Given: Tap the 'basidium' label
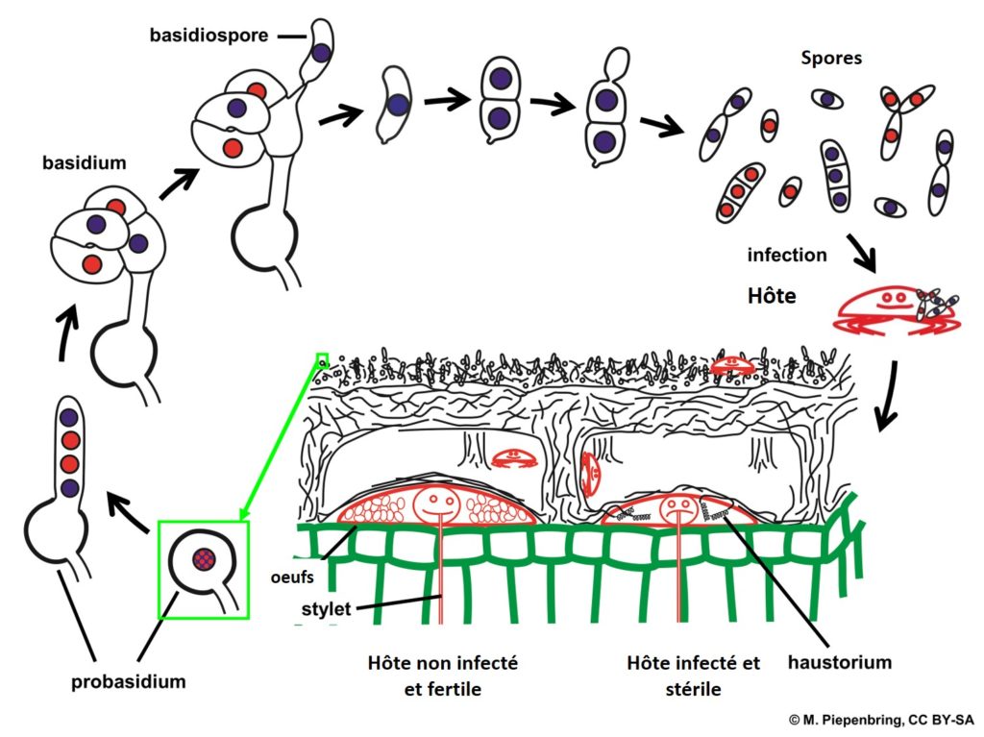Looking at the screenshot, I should (84, 162).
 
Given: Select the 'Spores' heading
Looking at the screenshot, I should (831, 58).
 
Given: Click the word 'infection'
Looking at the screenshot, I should (787, 256).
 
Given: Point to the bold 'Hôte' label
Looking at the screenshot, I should (772, 296).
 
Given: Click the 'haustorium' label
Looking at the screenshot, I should (839, 662).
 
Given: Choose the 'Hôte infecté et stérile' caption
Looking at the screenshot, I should (692, 675).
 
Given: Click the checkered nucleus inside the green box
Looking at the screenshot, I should (201, 556).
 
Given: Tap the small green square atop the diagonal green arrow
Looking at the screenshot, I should (322, 359).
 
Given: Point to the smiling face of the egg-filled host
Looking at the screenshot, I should (439, 501).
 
